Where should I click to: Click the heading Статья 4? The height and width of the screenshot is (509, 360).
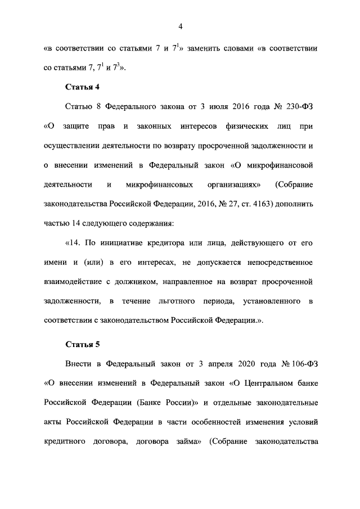[83, 87]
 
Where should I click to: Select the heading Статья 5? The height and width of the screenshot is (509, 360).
[83, 344]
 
